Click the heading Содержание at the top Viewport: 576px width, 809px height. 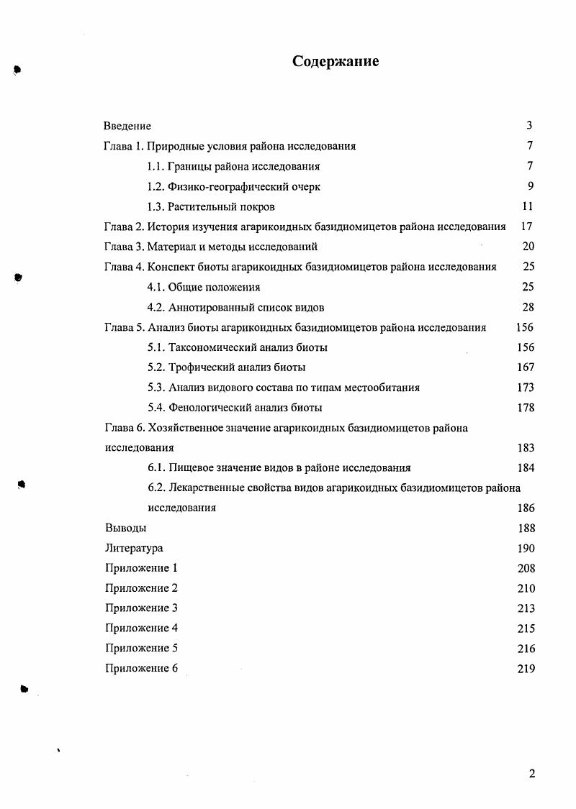336,62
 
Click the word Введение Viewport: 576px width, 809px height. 127,126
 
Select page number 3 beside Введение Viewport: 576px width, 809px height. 529,126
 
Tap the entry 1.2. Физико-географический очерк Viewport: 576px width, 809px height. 233,186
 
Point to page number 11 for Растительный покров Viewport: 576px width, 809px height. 527,206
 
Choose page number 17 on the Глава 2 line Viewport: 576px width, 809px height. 526,227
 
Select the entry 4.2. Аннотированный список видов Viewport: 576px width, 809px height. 235,307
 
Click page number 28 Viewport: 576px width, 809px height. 528,307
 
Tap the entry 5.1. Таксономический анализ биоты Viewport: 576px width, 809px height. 237,347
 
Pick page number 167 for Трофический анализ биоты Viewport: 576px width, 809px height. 526,367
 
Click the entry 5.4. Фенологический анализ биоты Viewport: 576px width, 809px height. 234,408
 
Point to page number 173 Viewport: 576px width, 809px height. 526,388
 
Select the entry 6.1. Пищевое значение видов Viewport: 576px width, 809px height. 279,468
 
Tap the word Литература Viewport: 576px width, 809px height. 133,549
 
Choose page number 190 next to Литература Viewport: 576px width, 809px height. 526,549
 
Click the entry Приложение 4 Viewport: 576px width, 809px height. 141,629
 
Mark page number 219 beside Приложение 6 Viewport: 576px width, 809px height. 526,669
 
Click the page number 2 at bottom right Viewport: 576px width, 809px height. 532,774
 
